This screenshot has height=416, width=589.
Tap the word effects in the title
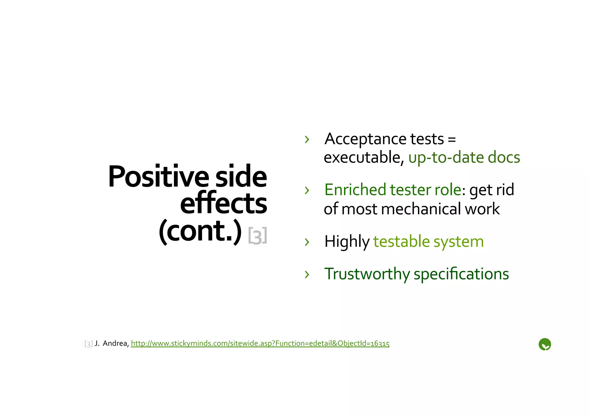point(223,203)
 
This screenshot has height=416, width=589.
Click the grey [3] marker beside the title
point(257,235)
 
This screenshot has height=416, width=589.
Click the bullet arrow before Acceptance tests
point(307,139)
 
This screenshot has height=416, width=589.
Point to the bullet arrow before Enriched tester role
point(307,190)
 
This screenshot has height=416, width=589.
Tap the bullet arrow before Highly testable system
point(307,242)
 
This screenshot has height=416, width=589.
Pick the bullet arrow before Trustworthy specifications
point(307,274)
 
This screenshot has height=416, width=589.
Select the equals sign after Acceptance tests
point(452,139)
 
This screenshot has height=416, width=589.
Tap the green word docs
point(504,158)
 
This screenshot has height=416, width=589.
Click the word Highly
point(347,241)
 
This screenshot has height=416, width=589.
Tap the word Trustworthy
point(367,274)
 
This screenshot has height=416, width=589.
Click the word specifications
point(461,274)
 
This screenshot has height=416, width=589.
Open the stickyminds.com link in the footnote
point(260,343)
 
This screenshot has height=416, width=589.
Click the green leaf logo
point(544,344)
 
